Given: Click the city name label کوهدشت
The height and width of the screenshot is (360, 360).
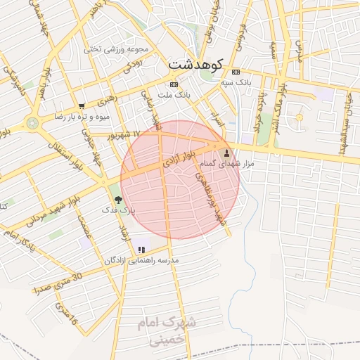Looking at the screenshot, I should [x=195, y=63].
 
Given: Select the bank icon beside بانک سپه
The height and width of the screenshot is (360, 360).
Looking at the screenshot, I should [x=235, y=72].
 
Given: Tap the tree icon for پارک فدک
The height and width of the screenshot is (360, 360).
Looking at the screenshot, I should [x=117, y=200].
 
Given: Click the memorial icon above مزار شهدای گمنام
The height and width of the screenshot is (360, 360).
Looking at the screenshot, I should [x=226, y=153].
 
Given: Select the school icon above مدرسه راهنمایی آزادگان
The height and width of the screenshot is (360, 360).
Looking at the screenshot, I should [x=142, y=250].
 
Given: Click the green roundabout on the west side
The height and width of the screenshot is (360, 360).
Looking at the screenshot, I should [x=32, y=123].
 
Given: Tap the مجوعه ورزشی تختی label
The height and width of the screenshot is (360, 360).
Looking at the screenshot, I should [x=116, y=49].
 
